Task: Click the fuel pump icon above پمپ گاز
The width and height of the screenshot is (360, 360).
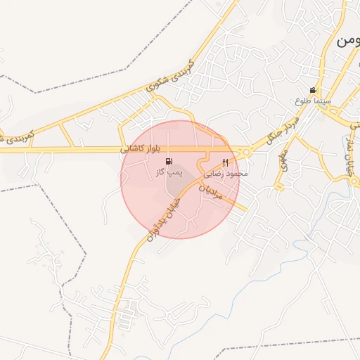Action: [168, 161]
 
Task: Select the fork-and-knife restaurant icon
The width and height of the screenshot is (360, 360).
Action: [225, 162]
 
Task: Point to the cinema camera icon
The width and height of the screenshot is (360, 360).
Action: [313, 91]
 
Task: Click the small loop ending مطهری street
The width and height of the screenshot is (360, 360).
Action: [279, 188]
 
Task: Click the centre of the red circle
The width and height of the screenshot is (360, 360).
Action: [180, 179]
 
